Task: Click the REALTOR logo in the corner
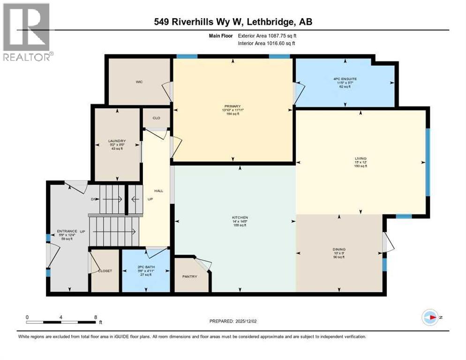27,32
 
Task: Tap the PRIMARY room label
233,106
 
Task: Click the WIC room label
139,82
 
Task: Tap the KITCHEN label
240,217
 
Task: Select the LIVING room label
361,158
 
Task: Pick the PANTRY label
190,276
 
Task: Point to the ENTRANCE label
64,231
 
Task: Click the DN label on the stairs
93,199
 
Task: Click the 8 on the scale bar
96,317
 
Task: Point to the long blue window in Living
428,162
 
